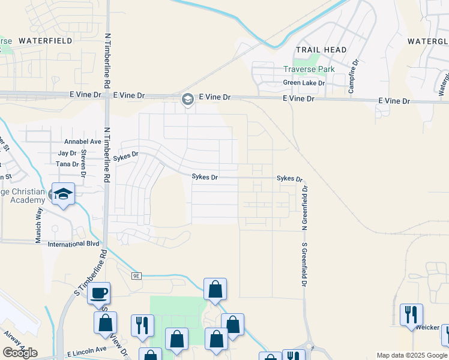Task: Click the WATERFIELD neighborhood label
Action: click(46, 41)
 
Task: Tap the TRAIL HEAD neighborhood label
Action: click(321, 50)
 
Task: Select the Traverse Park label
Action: click(309, 69)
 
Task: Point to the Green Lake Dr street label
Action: click(304, 83)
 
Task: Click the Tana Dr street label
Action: click(67, 164)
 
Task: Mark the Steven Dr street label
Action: click(83, 159)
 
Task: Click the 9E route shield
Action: click(137, 276)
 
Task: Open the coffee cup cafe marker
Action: click(99, 293)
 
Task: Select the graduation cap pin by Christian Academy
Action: click(63, 194)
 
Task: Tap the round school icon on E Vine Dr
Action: click(188, 100)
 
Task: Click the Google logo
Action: click(20, 353)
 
